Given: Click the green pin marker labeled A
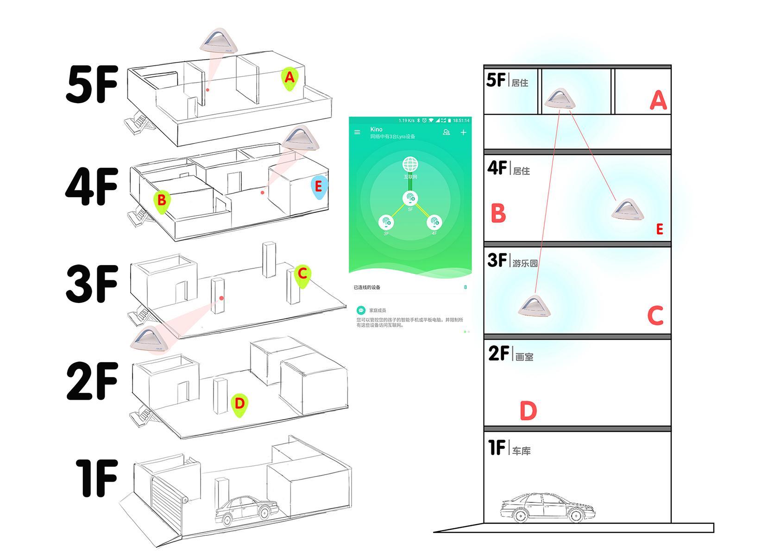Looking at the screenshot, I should [x=289, y=78].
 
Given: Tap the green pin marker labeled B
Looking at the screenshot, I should [x=162, y=201].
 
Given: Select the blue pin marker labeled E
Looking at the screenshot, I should [x=319, y=187].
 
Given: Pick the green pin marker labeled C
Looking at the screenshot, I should [x=302, y=274].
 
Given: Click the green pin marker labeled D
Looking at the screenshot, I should [x=239, y=404].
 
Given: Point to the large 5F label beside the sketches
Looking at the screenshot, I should [x=92, y=84].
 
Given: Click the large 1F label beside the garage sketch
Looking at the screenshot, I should [x=97, y=478].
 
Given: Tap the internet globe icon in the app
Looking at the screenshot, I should [x=410, y=164].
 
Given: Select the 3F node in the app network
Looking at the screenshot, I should [x=386, y=223].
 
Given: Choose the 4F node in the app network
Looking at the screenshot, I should [x=434, y=223].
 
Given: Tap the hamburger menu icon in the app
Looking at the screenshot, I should [x=357, y=132].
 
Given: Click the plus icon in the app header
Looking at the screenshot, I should [x=463, y=132].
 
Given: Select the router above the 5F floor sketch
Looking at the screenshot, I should [x=219, y=41].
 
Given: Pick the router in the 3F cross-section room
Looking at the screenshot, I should [x=535, y=306].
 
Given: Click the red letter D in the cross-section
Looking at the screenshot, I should [x=528, y=410].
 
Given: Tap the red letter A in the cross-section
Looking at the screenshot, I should [x=658, y=100].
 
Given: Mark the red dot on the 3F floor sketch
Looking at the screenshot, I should [x=221, y=298].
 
